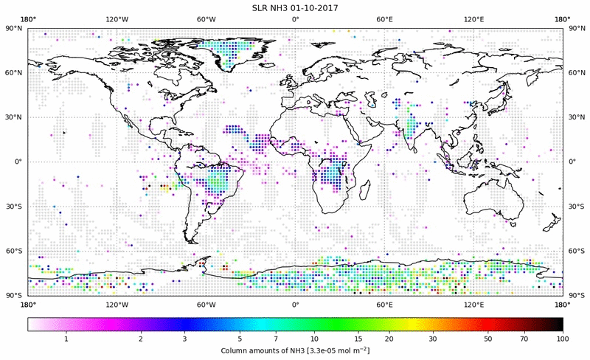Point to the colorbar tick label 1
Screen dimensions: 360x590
66,338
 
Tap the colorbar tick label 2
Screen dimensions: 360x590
140,338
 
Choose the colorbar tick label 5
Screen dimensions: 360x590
240,338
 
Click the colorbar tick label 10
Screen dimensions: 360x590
315,338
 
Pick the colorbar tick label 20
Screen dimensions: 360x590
388,338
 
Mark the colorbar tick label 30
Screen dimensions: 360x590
434,338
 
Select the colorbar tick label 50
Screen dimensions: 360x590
488,338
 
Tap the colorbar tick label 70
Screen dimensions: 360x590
524,338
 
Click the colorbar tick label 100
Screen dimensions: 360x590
563,338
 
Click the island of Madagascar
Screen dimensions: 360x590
365,192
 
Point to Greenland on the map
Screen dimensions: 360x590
236,48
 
